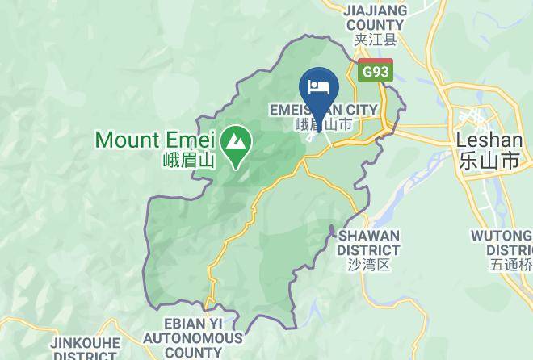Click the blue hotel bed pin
pos(319,86)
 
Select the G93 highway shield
pos(376,70)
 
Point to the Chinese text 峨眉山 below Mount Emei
pos(187,160)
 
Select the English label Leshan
pos(489,140)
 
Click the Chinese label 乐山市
pos(489,160)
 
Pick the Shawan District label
pos(368,242)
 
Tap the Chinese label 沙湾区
pos(368,264)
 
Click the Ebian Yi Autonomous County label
pos(194,337)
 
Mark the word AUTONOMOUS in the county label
pos(194,338)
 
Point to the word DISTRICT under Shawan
pos(369,249)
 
